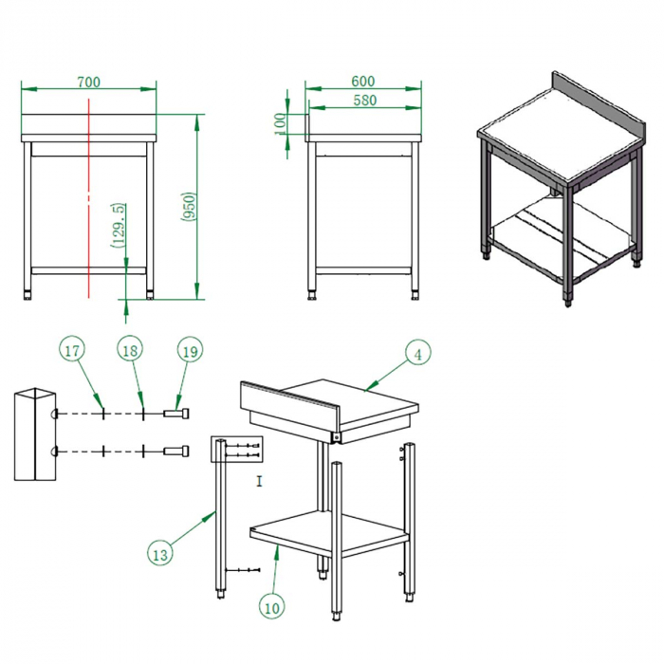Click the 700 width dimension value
point(88,83)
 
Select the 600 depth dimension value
point(363,83)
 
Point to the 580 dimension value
point(363,100)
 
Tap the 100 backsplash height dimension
point(279,122)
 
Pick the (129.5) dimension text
point(117,226)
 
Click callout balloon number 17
point(72,351)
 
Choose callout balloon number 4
point(415,353)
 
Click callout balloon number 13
point(160,551)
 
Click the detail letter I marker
point(259,482)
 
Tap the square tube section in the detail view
point(33,433)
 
